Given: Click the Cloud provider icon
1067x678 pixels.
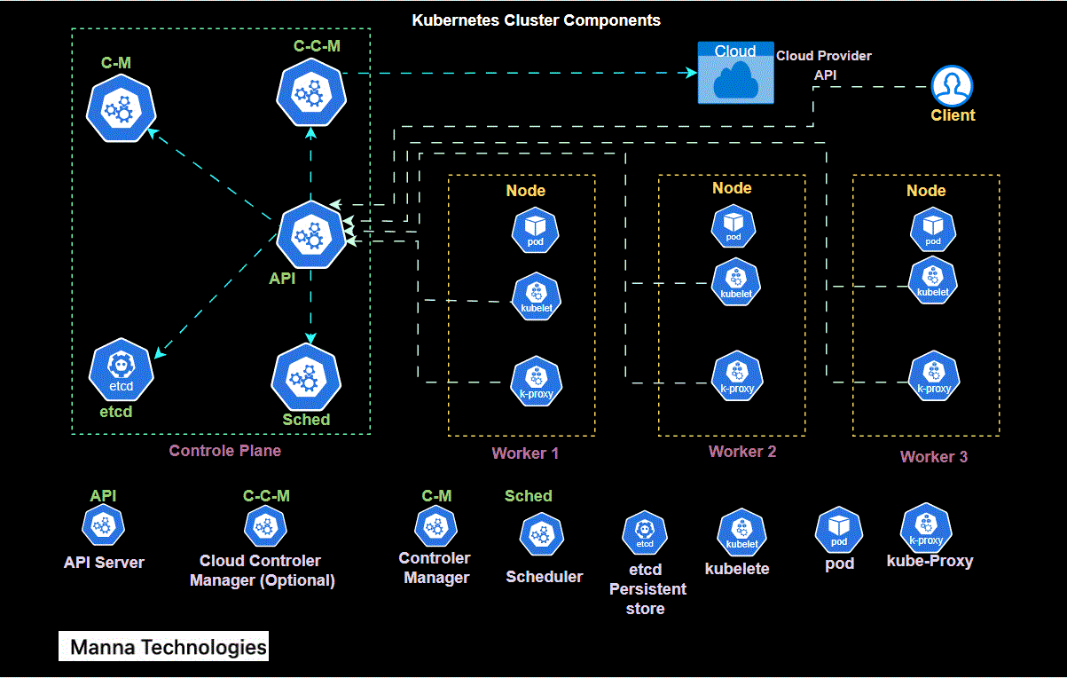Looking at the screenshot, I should tap(735, 73).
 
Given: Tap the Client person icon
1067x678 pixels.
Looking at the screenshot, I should tap(952, 86).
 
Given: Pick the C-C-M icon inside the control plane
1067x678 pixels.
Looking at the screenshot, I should tap(310, 91).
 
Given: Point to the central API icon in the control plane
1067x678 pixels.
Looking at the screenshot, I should tap(310, 235).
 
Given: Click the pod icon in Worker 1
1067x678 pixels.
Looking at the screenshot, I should tap(535, 230).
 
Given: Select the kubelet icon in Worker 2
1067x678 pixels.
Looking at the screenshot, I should tap(736, 282).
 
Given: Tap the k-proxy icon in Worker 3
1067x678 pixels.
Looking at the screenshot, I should tap(933, 377).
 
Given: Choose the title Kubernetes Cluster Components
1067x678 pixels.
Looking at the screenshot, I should tap(536, 20).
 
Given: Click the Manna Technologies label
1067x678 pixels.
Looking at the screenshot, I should tap(168, 647).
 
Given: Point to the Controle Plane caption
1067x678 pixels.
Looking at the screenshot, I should tap(224, 451).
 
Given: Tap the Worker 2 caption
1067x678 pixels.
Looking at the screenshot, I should tap(742, 452).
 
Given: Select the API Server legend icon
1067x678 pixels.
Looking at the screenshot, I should tap(103, 526).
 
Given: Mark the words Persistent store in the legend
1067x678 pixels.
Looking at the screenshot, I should tap(647, 599).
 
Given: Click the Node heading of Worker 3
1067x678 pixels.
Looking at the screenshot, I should tap(925, 191).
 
